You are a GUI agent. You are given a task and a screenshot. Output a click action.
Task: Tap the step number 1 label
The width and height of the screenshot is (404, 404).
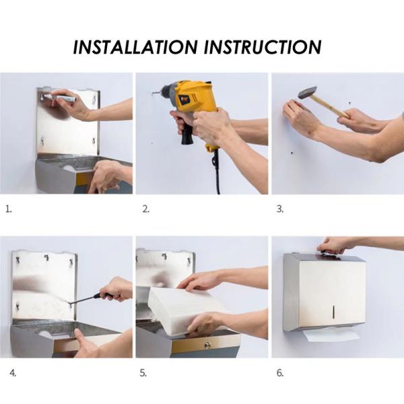click(x=9, y=209)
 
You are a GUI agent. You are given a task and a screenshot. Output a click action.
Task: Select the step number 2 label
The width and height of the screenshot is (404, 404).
click(x=145, y=209)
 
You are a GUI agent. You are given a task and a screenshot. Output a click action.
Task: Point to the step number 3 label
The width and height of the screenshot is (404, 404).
click(x=280, y=209)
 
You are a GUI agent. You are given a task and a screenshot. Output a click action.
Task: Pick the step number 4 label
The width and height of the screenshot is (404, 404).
click(x=13, y=372)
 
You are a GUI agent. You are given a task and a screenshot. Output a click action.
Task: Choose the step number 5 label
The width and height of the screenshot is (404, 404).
click(x=145, y=372)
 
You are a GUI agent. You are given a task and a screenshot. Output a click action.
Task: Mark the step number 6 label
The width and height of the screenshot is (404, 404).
click(x=280, y=372)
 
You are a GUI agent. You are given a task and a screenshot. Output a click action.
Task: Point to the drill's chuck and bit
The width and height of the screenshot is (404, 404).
click(x=162, y=90)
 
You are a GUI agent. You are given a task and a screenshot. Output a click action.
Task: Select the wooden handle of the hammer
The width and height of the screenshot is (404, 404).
click(x=333, y=106)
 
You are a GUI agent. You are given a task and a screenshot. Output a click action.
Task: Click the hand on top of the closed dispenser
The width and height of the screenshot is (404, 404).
click(x=337, y=246)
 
